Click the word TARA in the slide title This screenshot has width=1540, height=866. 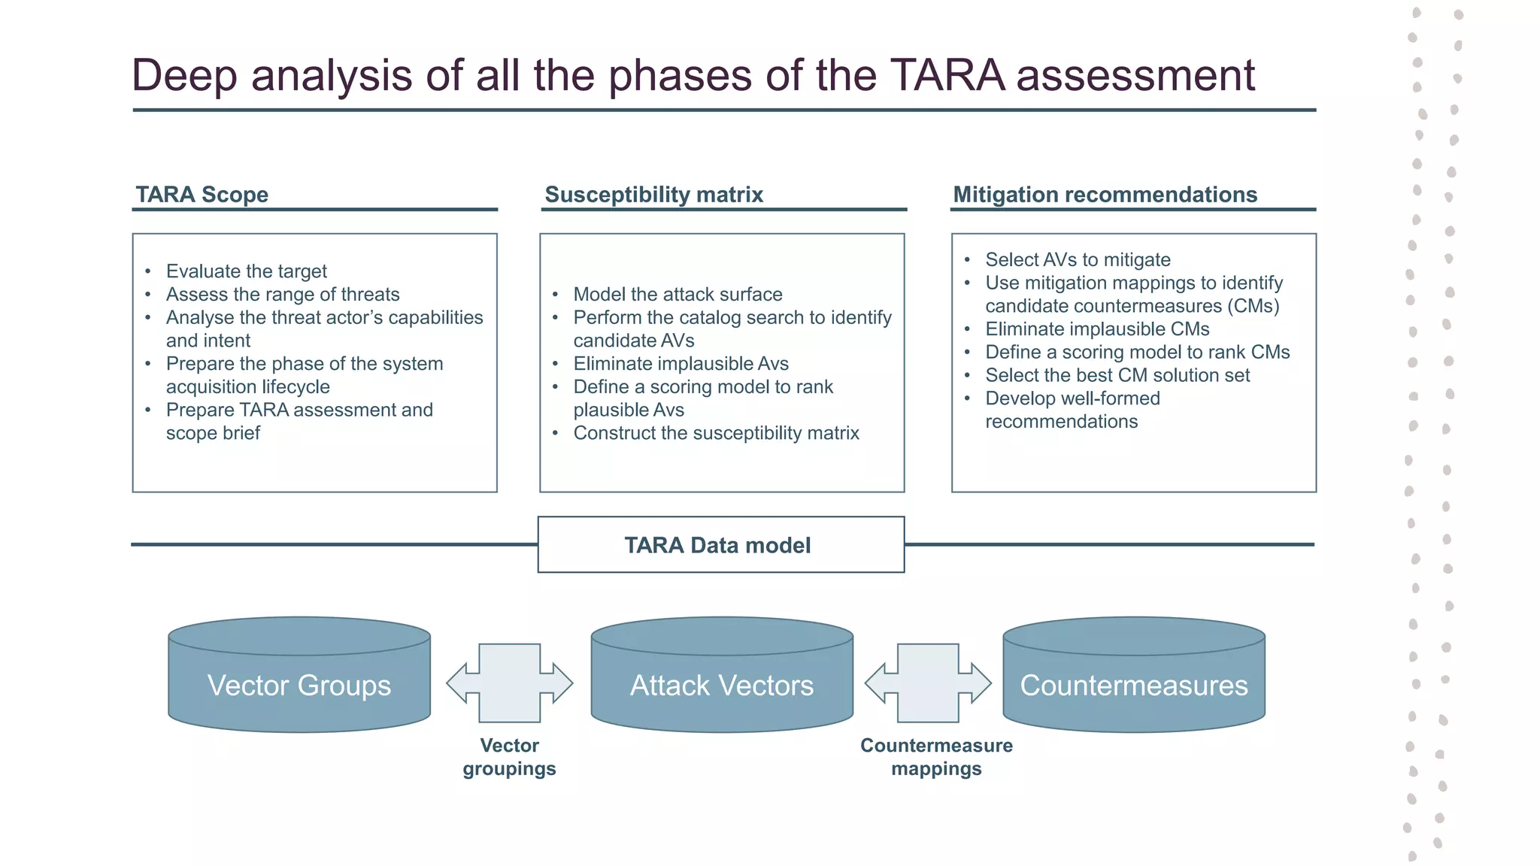coord(947,75)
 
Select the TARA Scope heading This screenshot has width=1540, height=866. coord(202,195)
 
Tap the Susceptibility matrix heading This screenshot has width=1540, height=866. coord(653,195)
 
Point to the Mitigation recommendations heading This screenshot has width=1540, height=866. coord(1105,195)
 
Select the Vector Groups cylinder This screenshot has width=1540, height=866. coord(299,685)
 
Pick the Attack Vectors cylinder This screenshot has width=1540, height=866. coord(722,685)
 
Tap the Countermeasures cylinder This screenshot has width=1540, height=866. coord(1134,685)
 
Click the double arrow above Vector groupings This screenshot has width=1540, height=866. coord(510,683)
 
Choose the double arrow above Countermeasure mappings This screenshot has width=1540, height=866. coord(928,683)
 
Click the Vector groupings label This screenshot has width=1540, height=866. coord(510,757)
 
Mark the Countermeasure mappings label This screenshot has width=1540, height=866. coord(936,757)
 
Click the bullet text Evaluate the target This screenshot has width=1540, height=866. coord(246,271)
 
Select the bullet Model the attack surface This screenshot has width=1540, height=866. coord(678,295)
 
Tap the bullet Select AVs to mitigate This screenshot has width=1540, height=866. coord(1078,260)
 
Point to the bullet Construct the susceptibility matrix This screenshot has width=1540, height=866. coord(716,433)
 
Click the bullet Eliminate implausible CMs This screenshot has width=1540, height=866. coord(1097,329)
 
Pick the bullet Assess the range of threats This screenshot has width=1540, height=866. coord(283,295)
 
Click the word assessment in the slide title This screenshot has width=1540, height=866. coord(1135,75)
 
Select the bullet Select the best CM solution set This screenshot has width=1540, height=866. coord(1117,375)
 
